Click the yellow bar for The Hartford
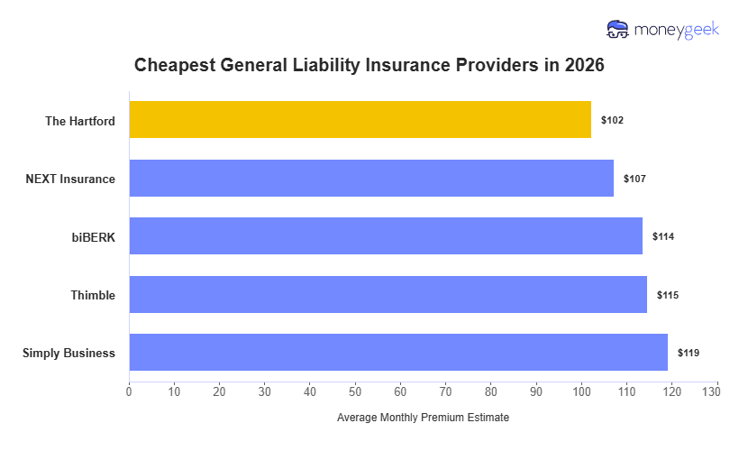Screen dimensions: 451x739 pyautogui.click(x=360, y=120)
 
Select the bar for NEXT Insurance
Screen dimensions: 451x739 pyautogui.click(x=371, y=178)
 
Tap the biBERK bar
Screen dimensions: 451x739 pyautogui.click(x=386, y=236)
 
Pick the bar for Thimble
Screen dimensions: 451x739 pyautogui.click(x=388, y=294)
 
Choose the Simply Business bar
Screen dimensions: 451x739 pyautogui.click(x=398, y=353)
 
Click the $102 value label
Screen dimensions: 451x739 pyautogui.click(x=612, y=120)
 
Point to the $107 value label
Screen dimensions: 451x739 pyautogui.click(x=634, y=179)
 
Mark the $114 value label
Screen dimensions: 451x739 pyautogui.click(x=663, y=236)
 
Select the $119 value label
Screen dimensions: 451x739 pyautogui.click(x=689, y=353)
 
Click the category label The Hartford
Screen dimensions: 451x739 pyautogui.click(x=80, y=120)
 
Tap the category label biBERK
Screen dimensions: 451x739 pyautogui.click(x=94, y=236)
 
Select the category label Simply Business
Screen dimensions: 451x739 pyautogui.click(x=68, y=353)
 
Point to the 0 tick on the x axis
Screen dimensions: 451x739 pyautogui.click(x=129, y=391)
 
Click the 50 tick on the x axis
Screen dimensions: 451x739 pyautogui.click(x=355, y=391)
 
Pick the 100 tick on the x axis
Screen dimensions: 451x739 pyautogui.click(x=581, y=391)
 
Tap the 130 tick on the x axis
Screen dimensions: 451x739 pyautogui.click(x=716, y=391)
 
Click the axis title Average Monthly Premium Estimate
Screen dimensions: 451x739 pyautogui.click(x=423, y=418)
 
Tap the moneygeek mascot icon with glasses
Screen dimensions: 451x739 pyautogui.click(x=618, y=30)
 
